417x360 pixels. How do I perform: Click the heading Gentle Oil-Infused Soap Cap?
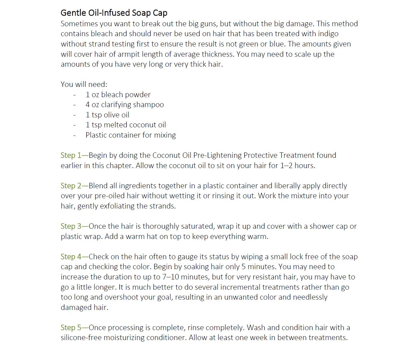[114, 13]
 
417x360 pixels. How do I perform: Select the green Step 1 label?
[71, 155]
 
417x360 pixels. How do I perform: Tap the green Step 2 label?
[71, 186]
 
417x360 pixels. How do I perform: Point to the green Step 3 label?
[71, 226]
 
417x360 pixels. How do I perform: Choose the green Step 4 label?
[71, 257]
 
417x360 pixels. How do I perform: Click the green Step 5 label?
[71, 328]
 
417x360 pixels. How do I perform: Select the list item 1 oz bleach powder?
[118, 95]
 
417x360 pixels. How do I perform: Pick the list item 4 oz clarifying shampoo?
[125, 105]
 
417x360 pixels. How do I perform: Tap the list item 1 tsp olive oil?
[107, 115]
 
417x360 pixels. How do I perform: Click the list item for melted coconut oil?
[126, 125]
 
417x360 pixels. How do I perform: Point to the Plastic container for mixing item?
[131, 135]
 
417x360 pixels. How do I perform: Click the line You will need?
[84, 84]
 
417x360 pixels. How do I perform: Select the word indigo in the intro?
[328, 34]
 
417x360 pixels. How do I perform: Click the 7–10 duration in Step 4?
[171, 277]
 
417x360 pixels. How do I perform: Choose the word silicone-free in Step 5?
[81, 338]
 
